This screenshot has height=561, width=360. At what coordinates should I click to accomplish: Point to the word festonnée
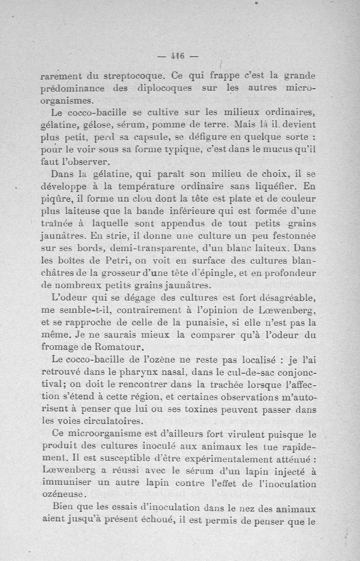tap(292, 235)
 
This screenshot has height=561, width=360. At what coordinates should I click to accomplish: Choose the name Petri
tap(118, 260)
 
